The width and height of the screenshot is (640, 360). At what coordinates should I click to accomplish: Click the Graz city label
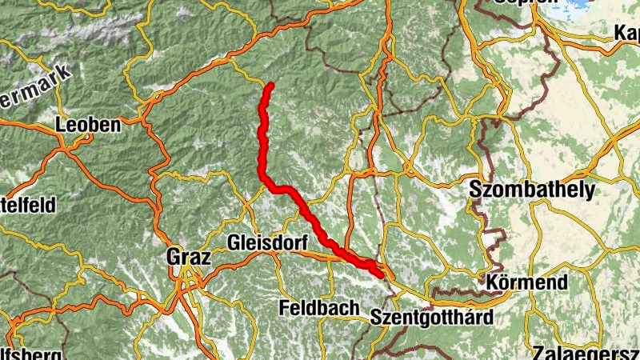189,258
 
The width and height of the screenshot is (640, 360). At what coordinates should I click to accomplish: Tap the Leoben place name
88,126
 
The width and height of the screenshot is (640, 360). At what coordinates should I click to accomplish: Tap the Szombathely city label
533,190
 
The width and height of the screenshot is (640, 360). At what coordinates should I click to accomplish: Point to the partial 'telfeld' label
27,205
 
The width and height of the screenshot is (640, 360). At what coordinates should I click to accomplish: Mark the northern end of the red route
271,85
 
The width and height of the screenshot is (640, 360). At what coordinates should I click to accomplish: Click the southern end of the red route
378,274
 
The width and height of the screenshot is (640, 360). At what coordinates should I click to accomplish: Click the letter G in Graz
173,258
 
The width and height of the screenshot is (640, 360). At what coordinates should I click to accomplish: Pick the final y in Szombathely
590,193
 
